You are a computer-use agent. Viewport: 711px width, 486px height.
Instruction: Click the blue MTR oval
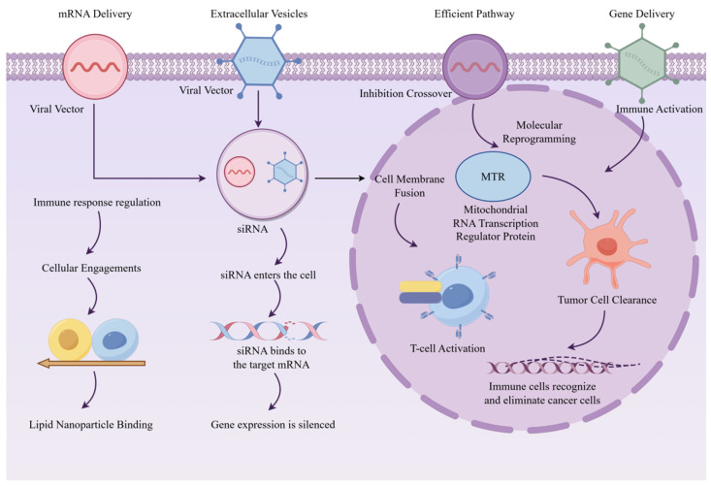(x=493, y=177)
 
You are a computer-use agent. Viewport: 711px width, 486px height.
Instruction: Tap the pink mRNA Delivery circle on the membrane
(x=95, y=66)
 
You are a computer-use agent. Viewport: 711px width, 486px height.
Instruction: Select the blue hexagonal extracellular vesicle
(x=259, y=61)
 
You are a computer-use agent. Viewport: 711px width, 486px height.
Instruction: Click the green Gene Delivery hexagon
(x=642, y=63)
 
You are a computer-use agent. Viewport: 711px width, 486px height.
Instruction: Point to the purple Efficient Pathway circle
(x=474, y=66)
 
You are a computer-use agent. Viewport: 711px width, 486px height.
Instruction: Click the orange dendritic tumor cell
(x=608, y=247)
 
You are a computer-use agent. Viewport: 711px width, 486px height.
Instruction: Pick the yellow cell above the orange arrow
(x=70, y=340)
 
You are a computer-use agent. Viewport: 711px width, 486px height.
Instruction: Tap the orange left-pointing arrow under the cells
(x=91, y=363)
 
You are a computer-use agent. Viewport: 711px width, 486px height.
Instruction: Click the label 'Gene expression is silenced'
(x=273, y=425)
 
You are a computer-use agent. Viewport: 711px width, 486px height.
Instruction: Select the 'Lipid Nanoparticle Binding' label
(x=90, y=425)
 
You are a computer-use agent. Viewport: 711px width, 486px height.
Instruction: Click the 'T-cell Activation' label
(x=447, y=348)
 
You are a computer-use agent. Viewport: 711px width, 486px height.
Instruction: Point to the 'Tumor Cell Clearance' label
(x=607, y=300)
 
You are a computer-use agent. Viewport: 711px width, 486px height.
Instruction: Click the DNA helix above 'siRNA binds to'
(x=269, y=331)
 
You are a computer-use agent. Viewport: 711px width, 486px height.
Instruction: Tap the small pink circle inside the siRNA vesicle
(x=240, y=172)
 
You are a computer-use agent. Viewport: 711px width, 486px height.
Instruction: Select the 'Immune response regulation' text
(x=97, y=202)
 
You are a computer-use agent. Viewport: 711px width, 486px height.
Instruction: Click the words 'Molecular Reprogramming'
(x=539, y=132)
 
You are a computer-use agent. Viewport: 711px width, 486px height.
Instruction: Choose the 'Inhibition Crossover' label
(x=405, y=93)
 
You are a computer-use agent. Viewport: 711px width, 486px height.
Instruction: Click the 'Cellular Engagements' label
(x=91, y=268)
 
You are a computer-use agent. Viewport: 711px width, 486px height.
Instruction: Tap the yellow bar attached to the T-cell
(x=420, y=286)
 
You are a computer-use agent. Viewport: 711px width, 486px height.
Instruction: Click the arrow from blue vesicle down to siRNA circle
(x=258, y=109)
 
